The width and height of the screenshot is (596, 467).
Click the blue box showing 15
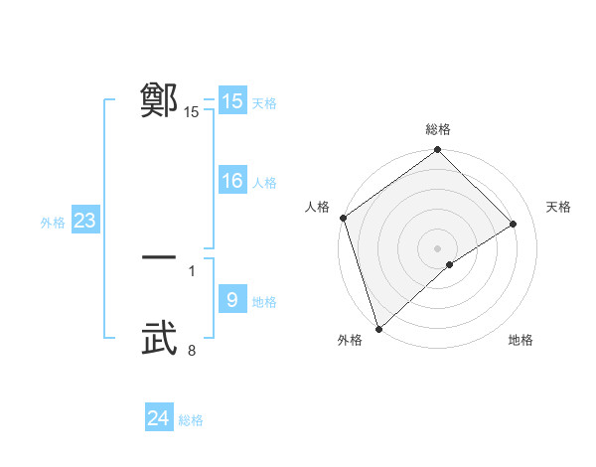coord(232,101)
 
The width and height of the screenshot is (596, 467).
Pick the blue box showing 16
coord(232,181)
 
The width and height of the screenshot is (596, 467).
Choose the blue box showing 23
coord(85,221)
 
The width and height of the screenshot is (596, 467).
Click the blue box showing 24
coord(159,418)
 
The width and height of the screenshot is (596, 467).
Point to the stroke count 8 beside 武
coord(192,350)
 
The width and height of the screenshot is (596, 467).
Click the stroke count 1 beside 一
coord(192,270)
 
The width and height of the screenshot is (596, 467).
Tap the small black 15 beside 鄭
coord(192,112)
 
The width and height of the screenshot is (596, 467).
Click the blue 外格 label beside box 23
coord(53,223)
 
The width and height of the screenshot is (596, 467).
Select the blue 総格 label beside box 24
coord(191,420)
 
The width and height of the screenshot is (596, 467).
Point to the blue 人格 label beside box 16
coord(264,183)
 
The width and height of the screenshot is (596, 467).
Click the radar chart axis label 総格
coord(438,129)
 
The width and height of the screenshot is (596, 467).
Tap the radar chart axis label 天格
coord(559,207)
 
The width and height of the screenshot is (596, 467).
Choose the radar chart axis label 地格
coord(521,340)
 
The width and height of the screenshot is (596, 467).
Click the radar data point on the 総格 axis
coord(438,151)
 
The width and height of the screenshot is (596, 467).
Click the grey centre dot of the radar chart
coord(437,247)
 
